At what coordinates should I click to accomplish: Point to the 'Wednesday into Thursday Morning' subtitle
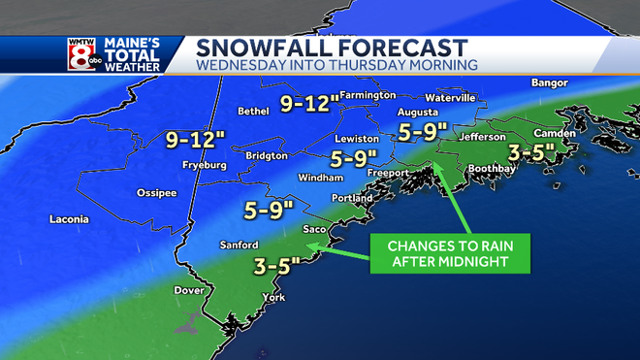pos(336,65)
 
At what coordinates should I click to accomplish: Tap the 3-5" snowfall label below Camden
pos(531,152)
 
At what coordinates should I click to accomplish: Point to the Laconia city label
pos(69,219)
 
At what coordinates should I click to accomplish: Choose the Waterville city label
pos(451,98)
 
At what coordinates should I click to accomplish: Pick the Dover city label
pos(188,290)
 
